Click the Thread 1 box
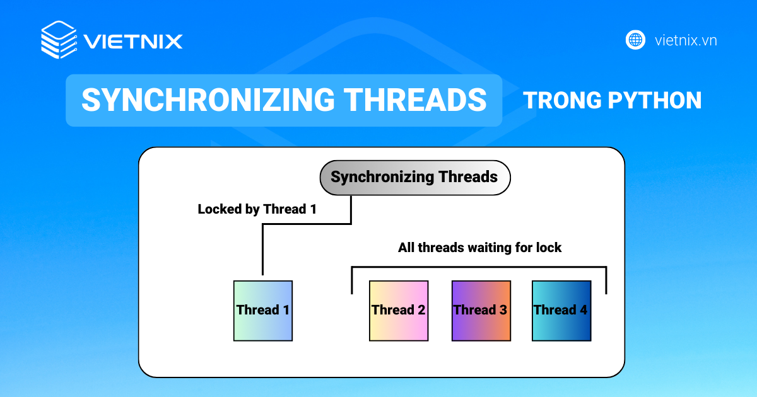(x=263, y=311)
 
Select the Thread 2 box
(x=399, y=311)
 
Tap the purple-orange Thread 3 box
(x=481, y=311)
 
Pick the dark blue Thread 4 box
(x=561, y=311)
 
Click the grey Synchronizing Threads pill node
(x=414, y=177)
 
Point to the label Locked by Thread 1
(x=257, y=209)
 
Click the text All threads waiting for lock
(x=479, y=248)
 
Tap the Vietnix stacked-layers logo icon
(x=59, y=40)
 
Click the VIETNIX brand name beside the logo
(x=133, y=42)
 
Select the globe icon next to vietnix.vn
(x=635, y=40)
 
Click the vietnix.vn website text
(x=686, y=40)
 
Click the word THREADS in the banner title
(x=415, y=100)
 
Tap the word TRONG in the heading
(x=561, y=100)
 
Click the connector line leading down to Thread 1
(x=262, y=252)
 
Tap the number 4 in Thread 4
(x=583, y=310)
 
